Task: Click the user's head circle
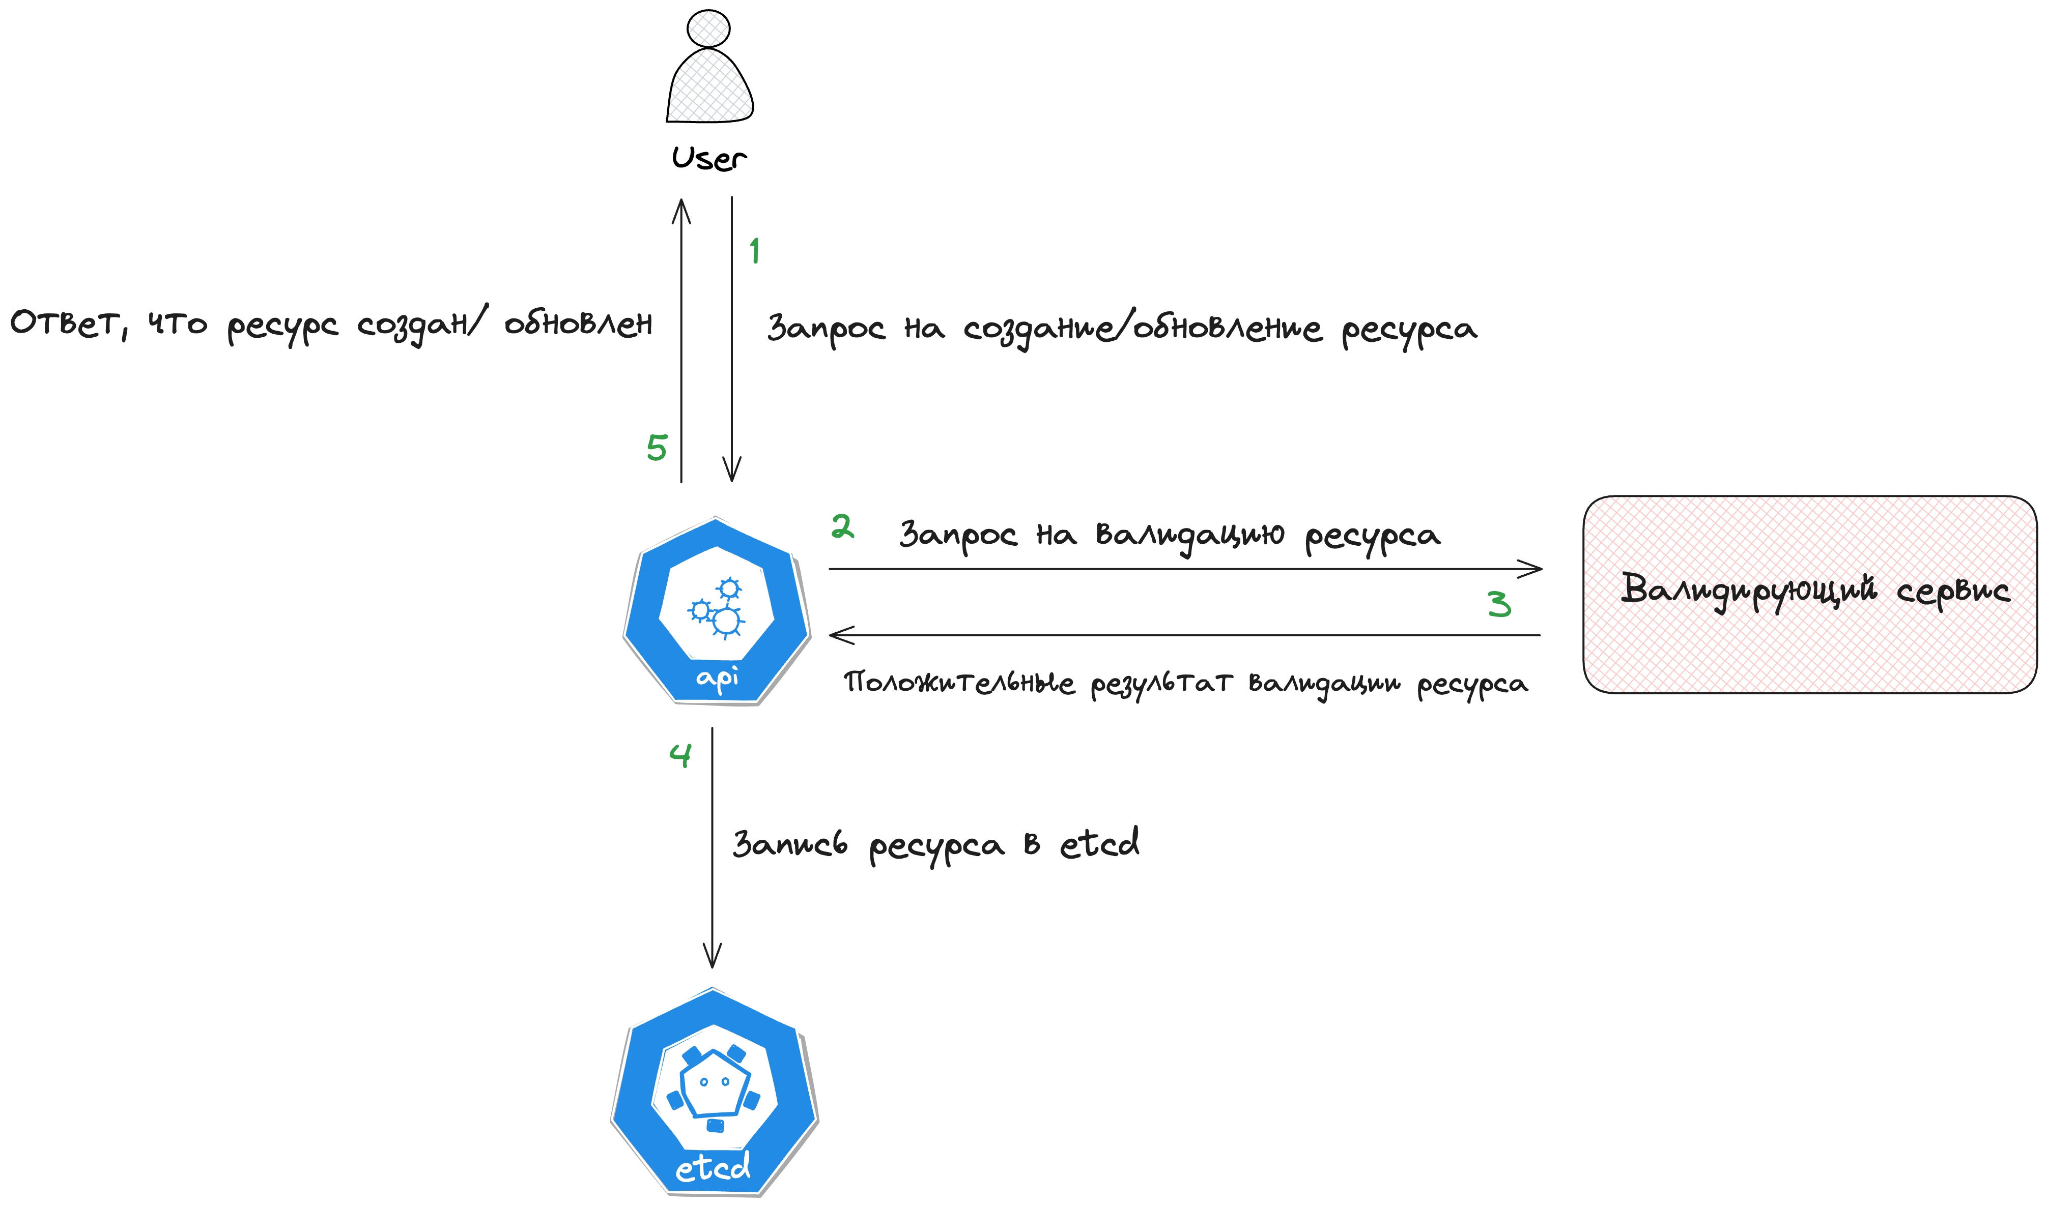click(708, 28)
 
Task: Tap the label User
click(708, 159)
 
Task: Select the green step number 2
click(842, 526)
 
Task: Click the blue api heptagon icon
click(716, 611)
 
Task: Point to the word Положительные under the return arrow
click(958, 683)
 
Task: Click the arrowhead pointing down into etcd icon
click(712, 959)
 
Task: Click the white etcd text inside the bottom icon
click(713, 1168)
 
